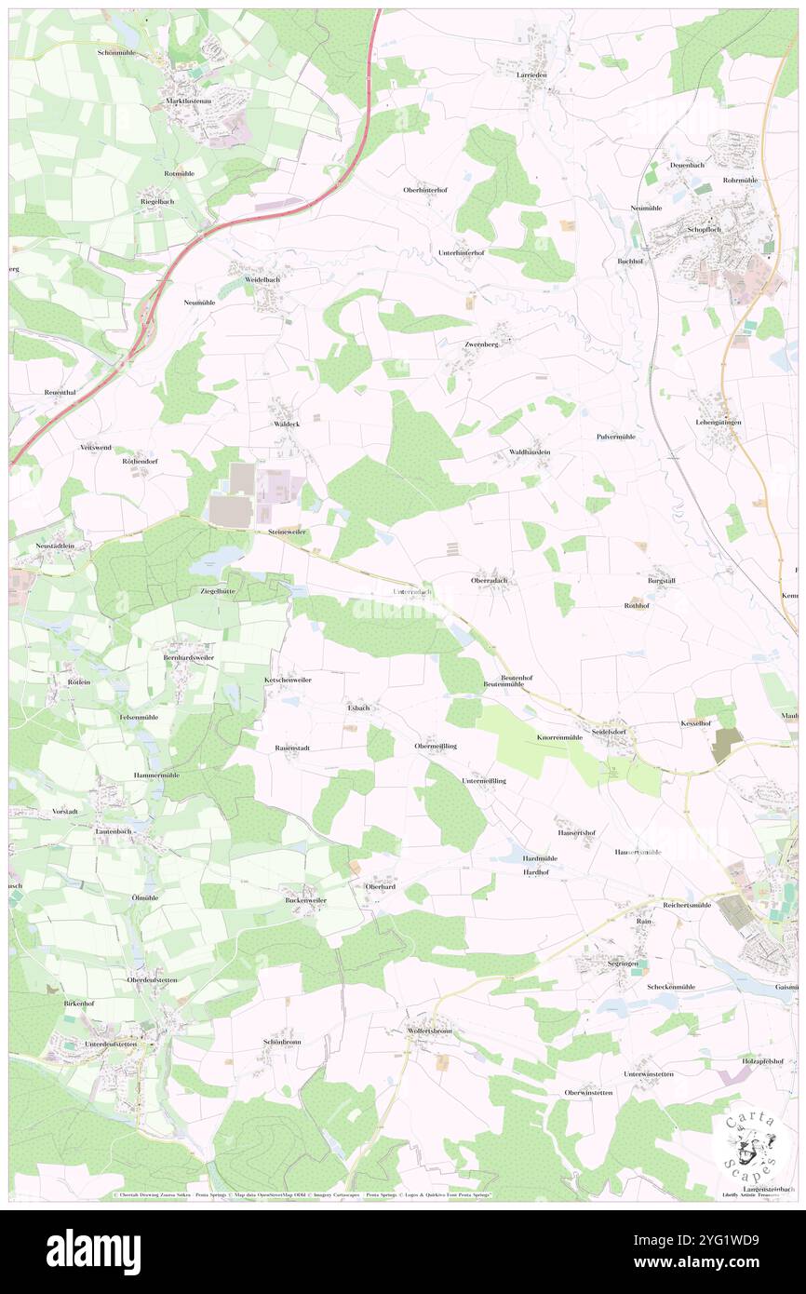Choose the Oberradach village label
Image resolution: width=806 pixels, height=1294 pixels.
tap(490, 579)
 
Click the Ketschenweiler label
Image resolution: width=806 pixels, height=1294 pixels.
tap(288, 681)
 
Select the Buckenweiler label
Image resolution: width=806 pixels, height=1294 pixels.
tap(305, 901)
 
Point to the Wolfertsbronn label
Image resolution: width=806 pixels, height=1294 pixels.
tap(429, 1031)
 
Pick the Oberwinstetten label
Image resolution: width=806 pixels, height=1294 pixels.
tap(588, 1092)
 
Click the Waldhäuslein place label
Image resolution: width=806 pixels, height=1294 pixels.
tap(530, 452)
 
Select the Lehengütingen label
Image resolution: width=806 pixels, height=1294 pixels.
tap(716, 423)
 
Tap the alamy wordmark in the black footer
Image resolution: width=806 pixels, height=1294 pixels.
tap(93, 1250)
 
